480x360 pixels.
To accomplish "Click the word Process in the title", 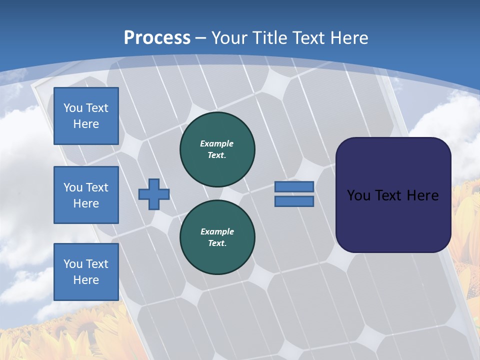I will click(157, 37).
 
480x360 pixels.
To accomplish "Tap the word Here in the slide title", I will click(349, 37).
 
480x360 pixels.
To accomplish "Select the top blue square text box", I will click(86, 116).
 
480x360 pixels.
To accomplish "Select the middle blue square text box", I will click(86, 195).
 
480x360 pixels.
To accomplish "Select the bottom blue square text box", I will click(86, 271).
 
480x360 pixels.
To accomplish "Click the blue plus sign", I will click(153, 194).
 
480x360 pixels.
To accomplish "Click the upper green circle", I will click(217, 149).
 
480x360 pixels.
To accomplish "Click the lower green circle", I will click(217, 237).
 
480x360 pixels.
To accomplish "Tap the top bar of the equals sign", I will click(294, 186).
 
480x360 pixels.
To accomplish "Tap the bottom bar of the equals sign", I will click(294, 201).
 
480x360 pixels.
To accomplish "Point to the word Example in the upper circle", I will click(217, 143).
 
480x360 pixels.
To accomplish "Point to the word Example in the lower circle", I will click(217, 231).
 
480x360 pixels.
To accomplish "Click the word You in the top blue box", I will click(72, 108).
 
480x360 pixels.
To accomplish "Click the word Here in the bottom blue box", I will click(86, 280).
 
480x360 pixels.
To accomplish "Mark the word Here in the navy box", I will click(422, 195).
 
